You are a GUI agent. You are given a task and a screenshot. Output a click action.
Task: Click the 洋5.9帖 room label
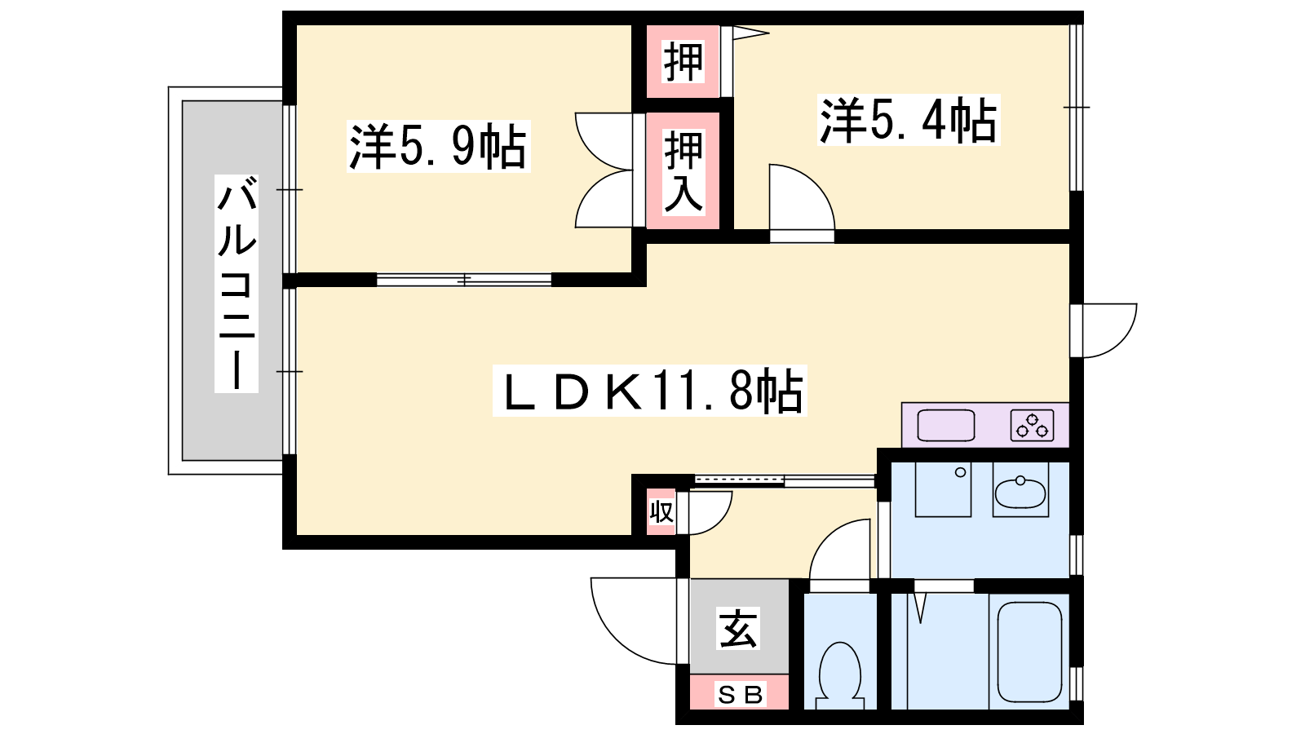tap(438, 146)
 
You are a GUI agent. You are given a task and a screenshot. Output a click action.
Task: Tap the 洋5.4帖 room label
tap(909, 120)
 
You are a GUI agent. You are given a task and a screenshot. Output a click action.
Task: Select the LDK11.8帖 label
tap(649, 391)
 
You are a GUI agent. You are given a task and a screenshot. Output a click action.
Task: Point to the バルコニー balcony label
tap(237, 283)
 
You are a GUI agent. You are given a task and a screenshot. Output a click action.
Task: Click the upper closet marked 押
tap(683, 61)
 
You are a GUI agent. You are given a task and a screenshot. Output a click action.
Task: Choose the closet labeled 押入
tap(683, 170)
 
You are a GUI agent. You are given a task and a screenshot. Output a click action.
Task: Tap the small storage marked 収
tap(661, 512)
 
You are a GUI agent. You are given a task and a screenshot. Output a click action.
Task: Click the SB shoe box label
tap(740, 694)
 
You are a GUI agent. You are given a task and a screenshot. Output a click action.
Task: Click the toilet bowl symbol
tap(840, 675)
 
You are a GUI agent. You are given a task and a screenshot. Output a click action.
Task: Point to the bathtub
tap(1029, 652)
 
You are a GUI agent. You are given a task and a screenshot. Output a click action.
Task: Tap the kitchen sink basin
tap(945, 425)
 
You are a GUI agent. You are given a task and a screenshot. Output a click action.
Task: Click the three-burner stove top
tap(1033, 425)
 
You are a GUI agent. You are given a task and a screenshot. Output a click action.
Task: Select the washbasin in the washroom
tap(1020, 493)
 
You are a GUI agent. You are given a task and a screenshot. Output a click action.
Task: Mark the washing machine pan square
tap(943, 489)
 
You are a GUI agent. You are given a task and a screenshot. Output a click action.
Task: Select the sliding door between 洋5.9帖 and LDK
tap(464, 281)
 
